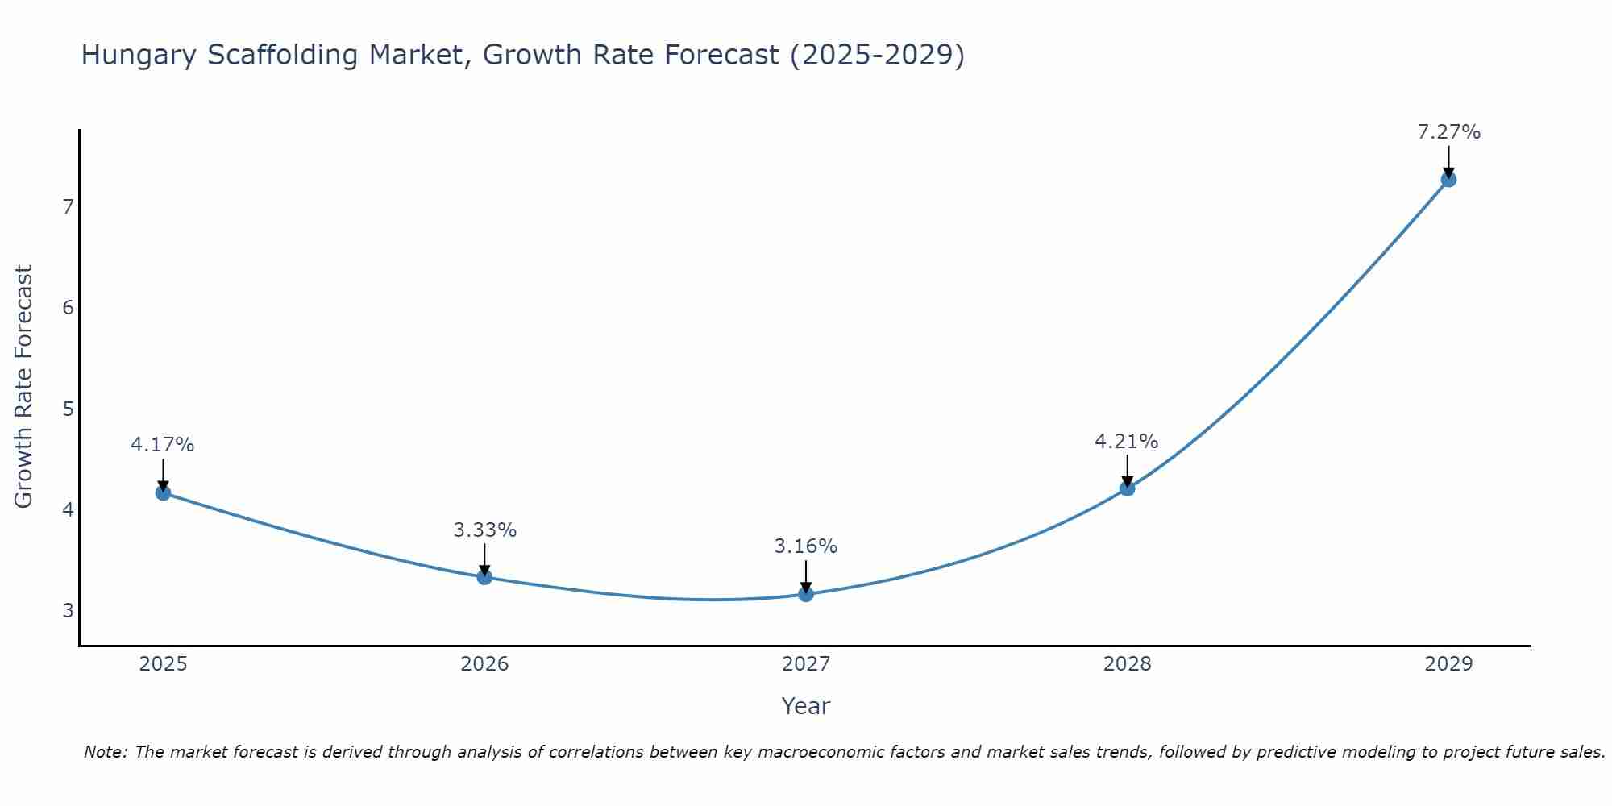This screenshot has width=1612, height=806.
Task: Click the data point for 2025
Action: [163, 492]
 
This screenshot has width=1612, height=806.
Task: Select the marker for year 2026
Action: [484, 577]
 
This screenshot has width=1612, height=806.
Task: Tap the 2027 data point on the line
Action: [806, 594]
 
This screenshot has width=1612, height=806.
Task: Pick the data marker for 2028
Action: [1127, 488]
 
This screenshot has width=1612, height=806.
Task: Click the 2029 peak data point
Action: [1448, 180]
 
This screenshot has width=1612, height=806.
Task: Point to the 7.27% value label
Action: [1448, 132]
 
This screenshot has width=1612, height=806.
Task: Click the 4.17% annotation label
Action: [163, 445]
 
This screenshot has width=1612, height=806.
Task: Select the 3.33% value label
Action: [484, 530]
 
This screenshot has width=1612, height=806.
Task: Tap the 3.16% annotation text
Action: [806, 546]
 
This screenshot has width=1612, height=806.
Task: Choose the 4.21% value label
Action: [1126, 442]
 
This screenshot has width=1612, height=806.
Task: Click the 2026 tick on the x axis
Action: [484, 664]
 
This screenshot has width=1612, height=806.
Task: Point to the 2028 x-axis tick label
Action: [1127, 664]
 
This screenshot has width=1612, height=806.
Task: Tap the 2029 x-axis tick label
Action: [1448, 664]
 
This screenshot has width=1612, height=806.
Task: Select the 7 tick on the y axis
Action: [68, 207]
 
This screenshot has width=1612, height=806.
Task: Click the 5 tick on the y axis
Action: [68, 409]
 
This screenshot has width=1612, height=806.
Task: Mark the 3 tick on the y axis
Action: [68, 610]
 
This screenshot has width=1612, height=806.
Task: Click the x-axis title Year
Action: [805, 706]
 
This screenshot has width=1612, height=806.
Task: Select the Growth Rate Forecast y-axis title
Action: [24, 387]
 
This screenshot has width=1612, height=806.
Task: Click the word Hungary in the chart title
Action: [139, 56]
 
